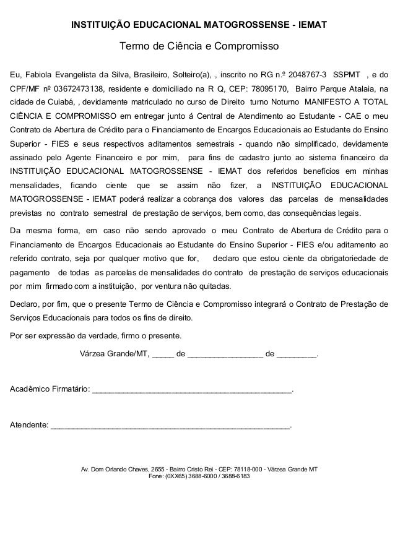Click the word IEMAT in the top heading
click(x=314, y=25)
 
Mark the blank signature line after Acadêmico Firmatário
click(x=191, y=390)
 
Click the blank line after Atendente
click(x=170, y=426)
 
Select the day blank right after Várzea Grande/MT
click(x=163, y=356)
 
